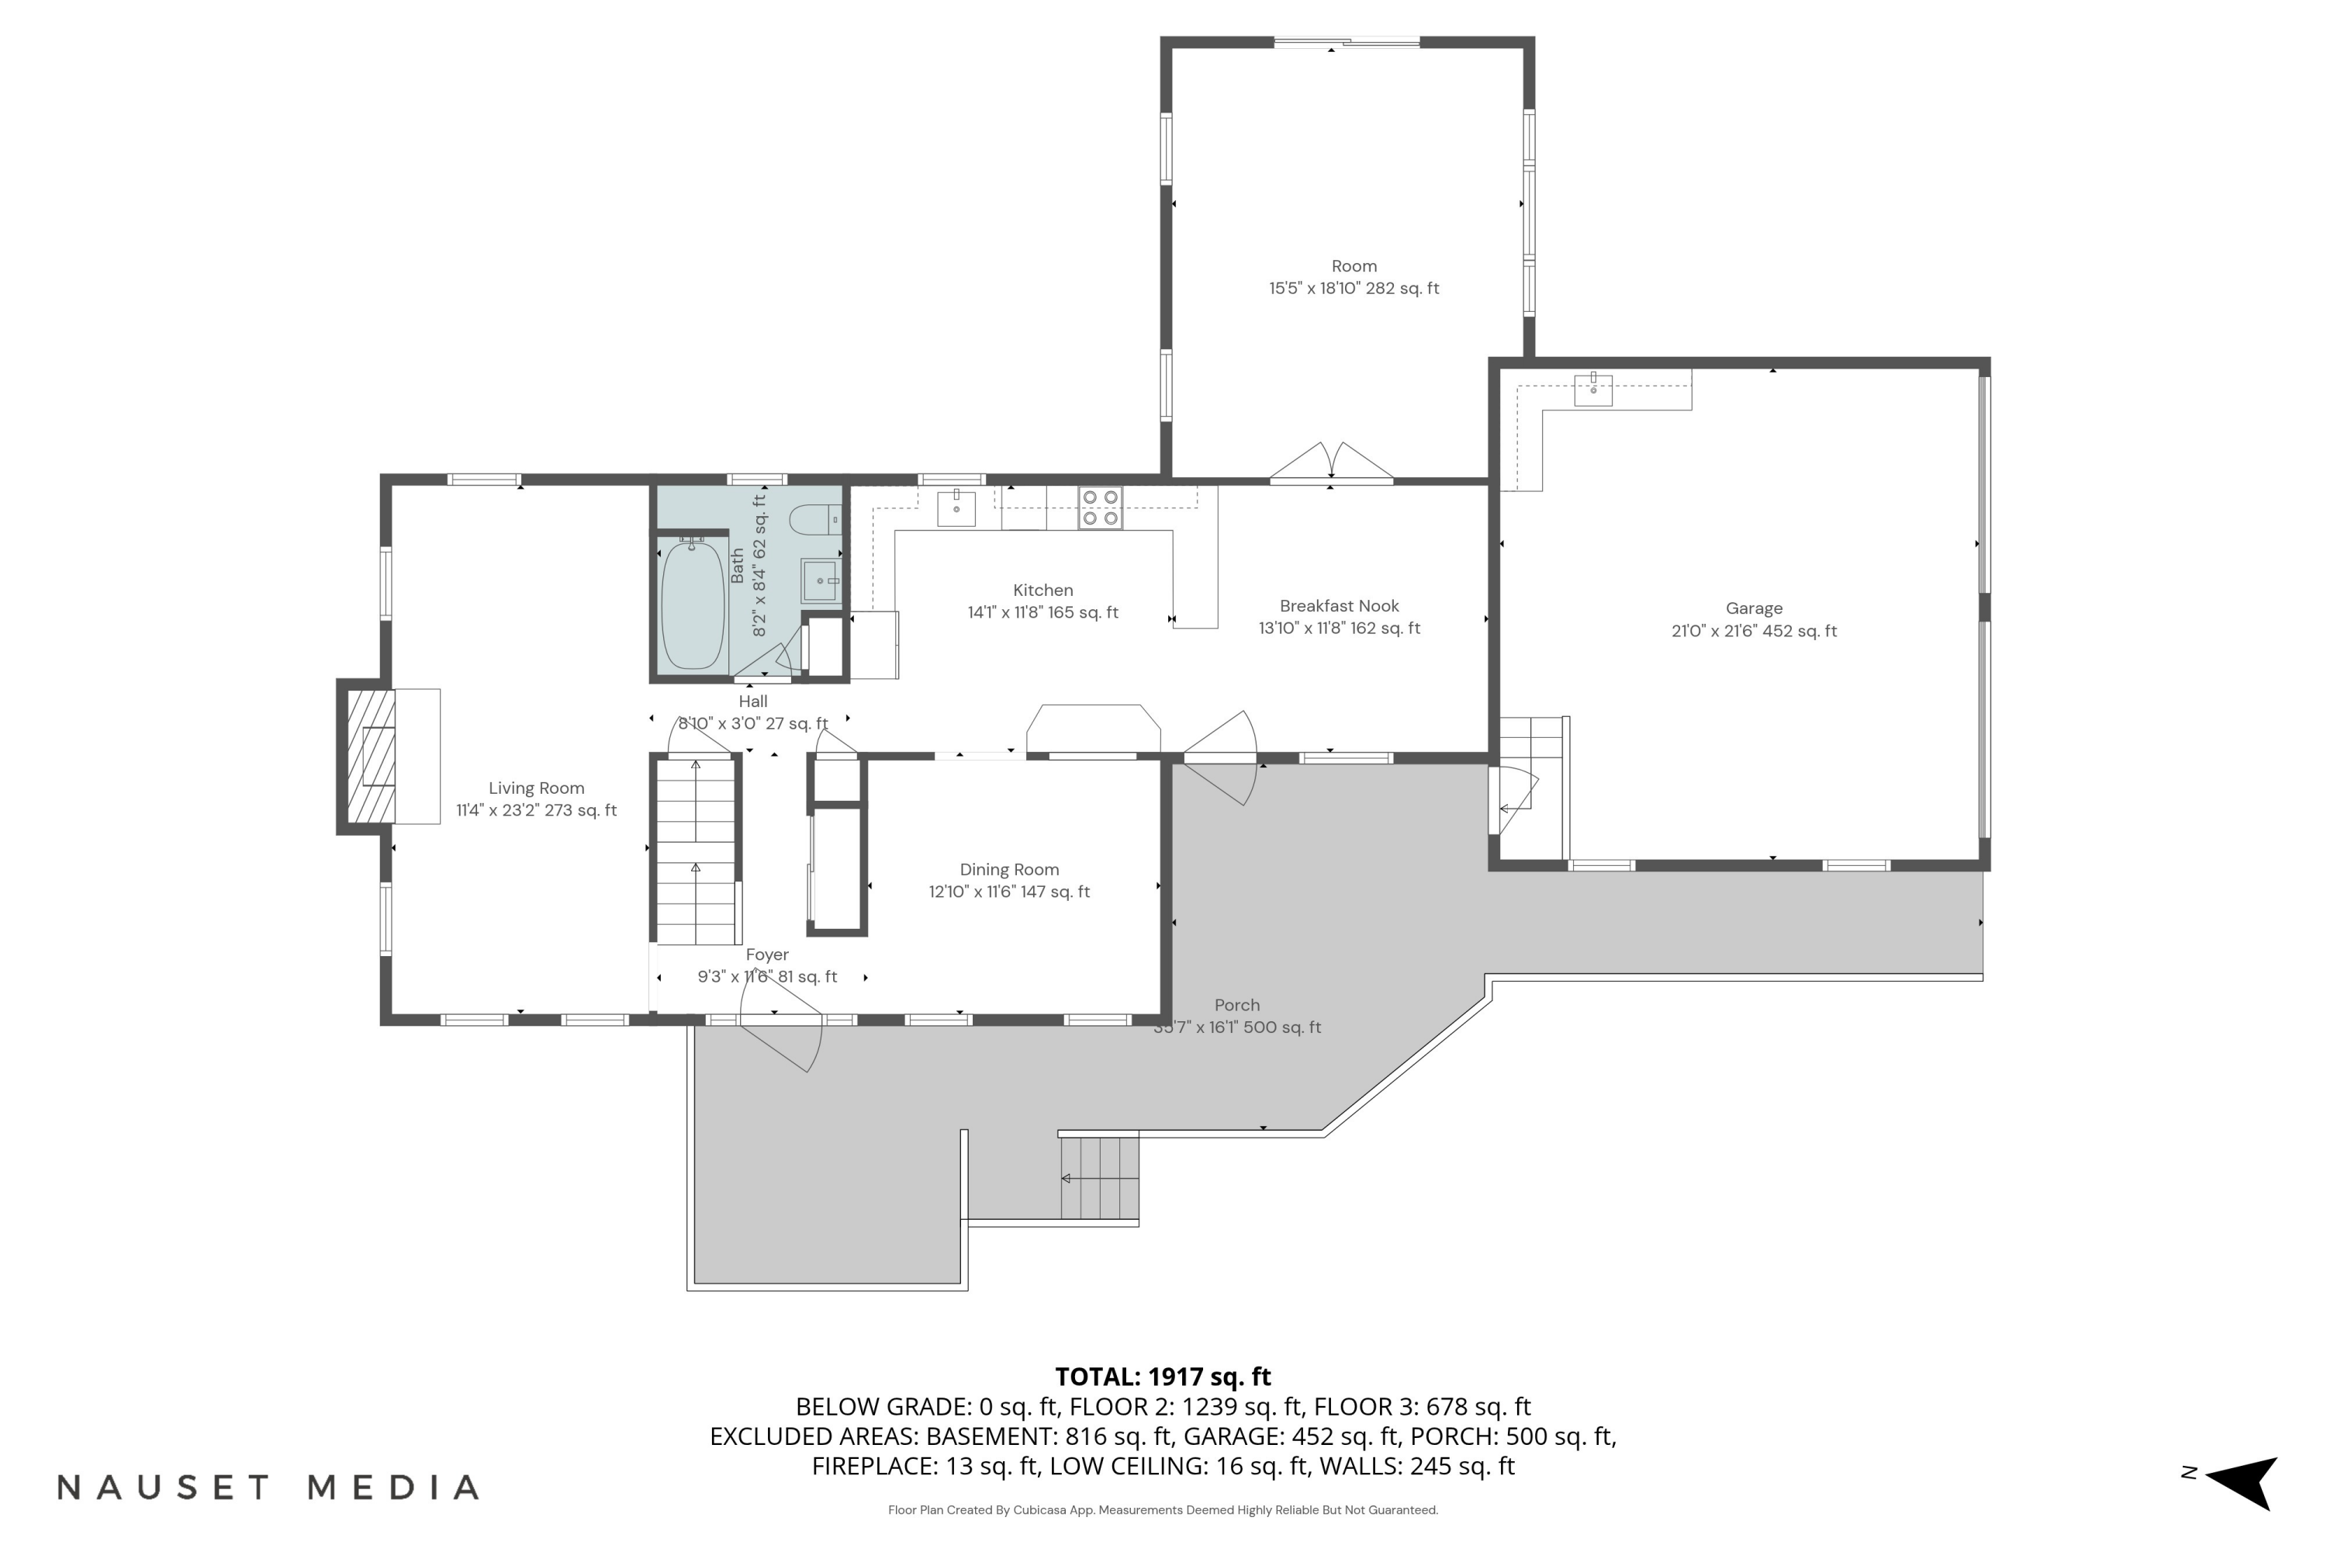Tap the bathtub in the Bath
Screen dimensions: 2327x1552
(693, 605)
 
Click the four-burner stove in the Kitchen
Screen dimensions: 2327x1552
(1100, 508)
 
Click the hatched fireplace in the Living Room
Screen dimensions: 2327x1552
(371, 756)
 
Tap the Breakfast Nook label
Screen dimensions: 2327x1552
(1340, 606)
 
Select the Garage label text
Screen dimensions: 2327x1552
(1754, 608)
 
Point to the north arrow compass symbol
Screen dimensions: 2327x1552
(2242, 1483)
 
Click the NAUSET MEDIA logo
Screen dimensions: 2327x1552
(268, 1488)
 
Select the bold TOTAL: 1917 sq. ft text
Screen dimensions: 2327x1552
(1163, 1377)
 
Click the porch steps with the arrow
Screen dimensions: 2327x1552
(1099, 1178)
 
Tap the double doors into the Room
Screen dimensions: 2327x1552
(1332, 463)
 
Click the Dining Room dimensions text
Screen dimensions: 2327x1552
(1009, 892)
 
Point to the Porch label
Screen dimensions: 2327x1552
(1236, 1005)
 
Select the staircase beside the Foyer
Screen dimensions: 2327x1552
(697, 849)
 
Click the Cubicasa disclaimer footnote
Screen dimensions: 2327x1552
(1163, 1509)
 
